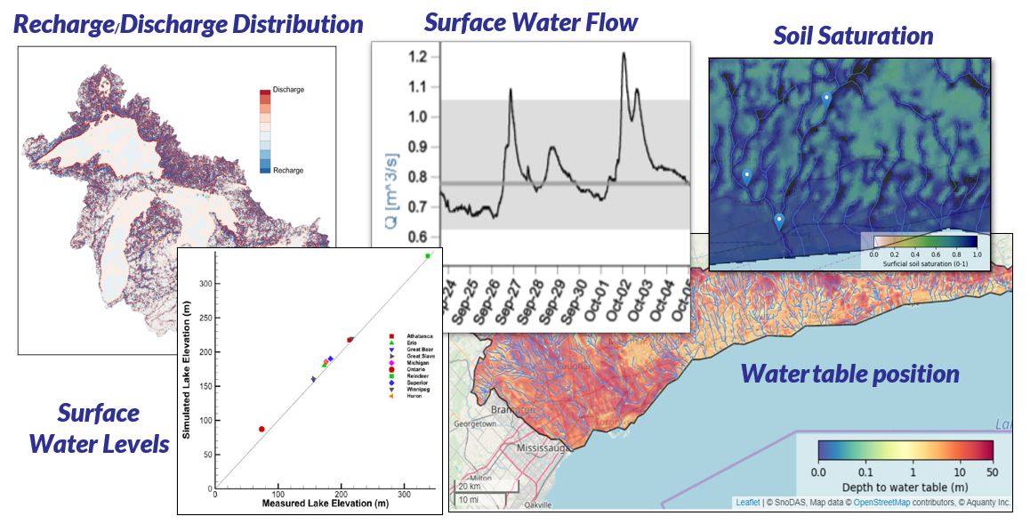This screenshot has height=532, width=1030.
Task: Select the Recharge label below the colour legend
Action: pyautogui.click(x=288, y=170)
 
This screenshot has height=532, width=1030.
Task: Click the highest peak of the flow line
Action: pyautogui.click(x=624, y=53)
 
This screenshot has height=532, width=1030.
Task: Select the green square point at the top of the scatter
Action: pyautogui.click(x=428, y=256)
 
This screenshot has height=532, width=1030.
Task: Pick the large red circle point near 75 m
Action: pyautogui.click(x=262, y=429)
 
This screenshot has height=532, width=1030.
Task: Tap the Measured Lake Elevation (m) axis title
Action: pyautogui.click(x=326, y=504)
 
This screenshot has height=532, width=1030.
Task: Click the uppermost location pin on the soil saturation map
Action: pyautogui.click(x=826, y=99)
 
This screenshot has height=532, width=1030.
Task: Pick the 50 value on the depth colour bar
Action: pyautogui.click(x=991, y=472)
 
